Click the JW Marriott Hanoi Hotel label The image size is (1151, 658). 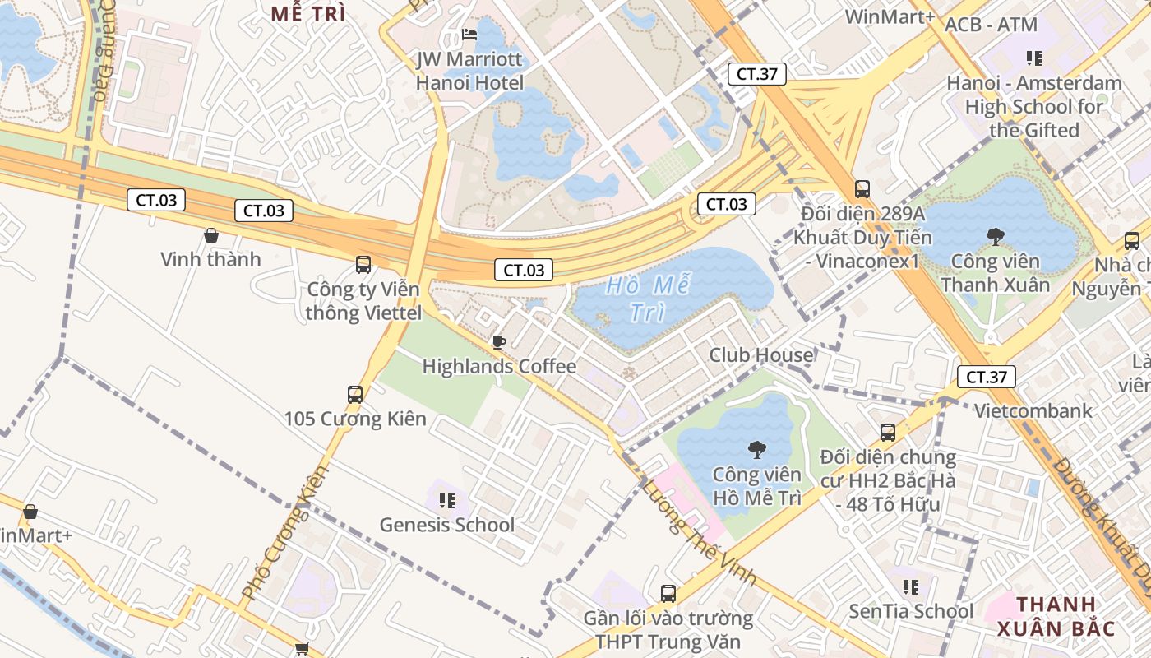pos(469,71)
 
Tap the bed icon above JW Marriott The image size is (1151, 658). pos(469,35)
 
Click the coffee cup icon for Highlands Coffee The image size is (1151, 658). pos(498,342)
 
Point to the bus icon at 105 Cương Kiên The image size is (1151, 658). pos(355,395)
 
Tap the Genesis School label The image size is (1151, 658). pos(446,525)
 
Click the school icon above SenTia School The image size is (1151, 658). pos(910,587)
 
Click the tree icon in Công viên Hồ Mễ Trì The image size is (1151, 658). pos(756,450)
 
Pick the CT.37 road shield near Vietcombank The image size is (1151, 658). pos(987,378)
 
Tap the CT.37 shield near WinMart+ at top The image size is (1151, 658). pos(757,74)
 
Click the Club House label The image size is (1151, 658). pos(761,355)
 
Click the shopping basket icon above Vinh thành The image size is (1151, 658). pos(211,235)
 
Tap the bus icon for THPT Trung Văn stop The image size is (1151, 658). pos(668,593)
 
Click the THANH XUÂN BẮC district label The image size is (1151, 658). pos(1056,617)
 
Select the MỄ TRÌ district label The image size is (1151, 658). pos(308,14)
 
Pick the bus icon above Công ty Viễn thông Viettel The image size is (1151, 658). pos(363,265)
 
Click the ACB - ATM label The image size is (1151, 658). pos(991,25)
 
